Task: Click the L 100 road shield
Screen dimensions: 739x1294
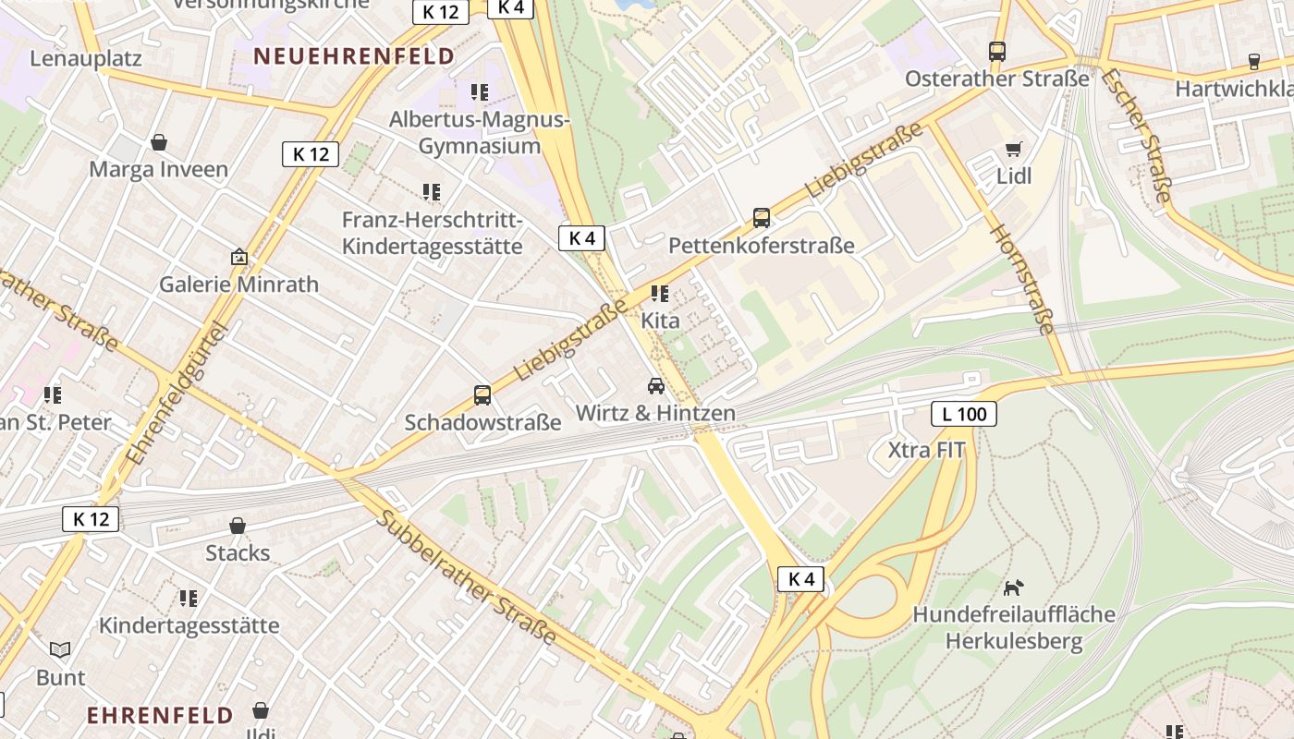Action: (964, 414)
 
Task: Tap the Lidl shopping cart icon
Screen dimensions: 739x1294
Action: (1014, 149)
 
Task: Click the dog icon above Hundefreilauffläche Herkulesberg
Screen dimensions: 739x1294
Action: (1014, 588)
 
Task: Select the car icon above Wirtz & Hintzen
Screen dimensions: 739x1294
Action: (656, 386)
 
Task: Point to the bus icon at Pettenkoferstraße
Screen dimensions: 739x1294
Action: (762, 218)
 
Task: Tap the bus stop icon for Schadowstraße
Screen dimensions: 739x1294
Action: (482, 395)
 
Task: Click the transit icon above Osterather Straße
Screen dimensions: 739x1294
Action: (997, 52)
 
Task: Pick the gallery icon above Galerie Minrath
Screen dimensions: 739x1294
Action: (239, 257)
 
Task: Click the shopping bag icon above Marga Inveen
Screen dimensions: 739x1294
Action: (159, 142)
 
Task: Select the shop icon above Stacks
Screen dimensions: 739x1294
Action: (238, 526)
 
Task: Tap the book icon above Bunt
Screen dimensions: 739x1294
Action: (60, 650)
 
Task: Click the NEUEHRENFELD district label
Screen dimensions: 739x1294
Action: (355, 56)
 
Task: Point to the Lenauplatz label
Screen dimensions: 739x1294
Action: (86, 58)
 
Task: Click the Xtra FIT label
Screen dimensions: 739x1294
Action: (926, 451)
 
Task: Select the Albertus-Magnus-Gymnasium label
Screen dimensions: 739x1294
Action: (480, 133)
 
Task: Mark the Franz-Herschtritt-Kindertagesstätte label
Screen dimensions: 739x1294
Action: (433, 234)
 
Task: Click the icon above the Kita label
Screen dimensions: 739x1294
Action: (660, 294)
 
